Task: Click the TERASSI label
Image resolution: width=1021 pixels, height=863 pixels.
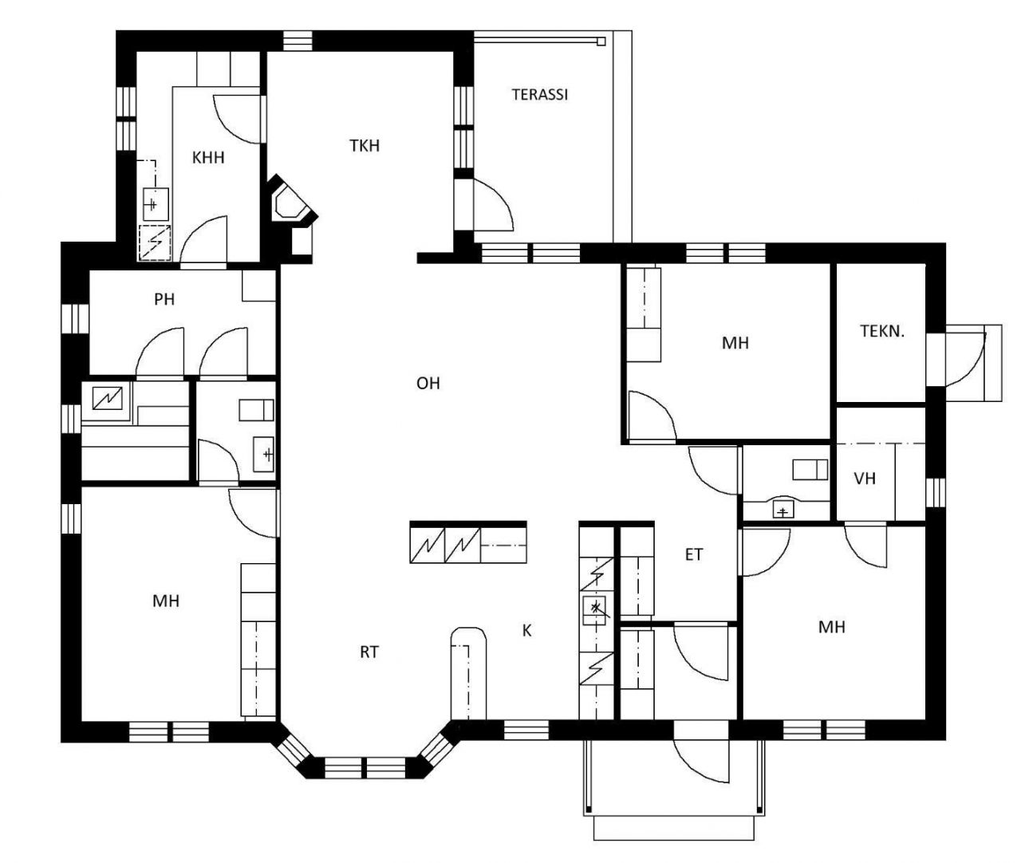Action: tap(539, 94)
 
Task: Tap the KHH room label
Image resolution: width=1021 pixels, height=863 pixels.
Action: tap(208, 158)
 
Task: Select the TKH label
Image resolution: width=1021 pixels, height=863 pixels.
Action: tap(365, 146)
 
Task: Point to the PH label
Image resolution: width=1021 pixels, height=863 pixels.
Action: tap(164, 299)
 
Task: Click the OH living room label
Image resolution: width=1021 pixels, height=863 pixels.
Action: tap(428, 384)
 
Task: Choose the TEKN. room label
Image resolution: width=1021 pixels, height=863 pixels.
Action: tap(882, 331)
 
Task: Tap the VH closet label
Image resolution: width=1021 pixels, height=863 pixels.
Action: tap(865, 479)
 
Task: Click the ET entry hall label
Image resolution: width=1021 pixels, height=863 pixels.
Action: tap(693, 555)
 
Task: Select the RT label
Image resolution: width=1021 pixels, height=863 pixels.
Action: tap(369, 652)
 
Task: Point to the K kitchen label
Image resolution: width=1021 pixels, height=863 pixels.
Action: tap(527, 630)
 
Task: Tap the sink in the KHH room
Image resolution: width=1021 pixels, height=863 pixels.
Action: tap(156, 204)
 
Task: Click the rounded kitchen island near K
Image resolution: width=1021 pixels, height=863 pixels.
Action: tap(468, 673)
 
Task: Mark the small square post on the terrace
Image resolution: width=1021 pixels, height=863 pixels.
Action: tap(601, 41)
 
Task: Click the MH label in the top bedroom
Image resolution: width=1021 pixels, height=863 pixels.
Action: tap(735, 343)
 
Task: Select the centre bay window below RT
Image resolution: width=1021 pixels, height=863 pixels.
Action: tap(365, 767)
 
